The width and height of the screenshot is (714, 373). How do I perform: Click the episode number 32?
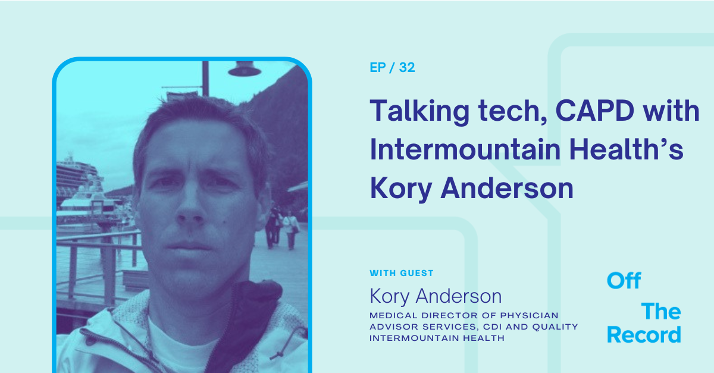[407, 68]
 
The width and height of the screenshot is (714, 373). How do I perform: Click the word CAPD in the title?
[571, 111]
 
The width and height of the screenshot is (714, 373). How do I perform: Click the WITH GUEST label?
[402, 273]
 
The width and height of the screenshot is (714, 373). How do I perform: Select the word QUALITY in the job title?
[554, 326]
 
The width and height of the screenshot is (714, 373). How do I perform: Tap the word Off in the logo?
[624, 281]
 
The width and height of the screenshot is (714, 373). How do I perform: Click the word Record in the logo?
[644, 335]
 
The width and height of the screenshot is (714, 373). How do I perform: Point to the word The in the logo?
[660, 311]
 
